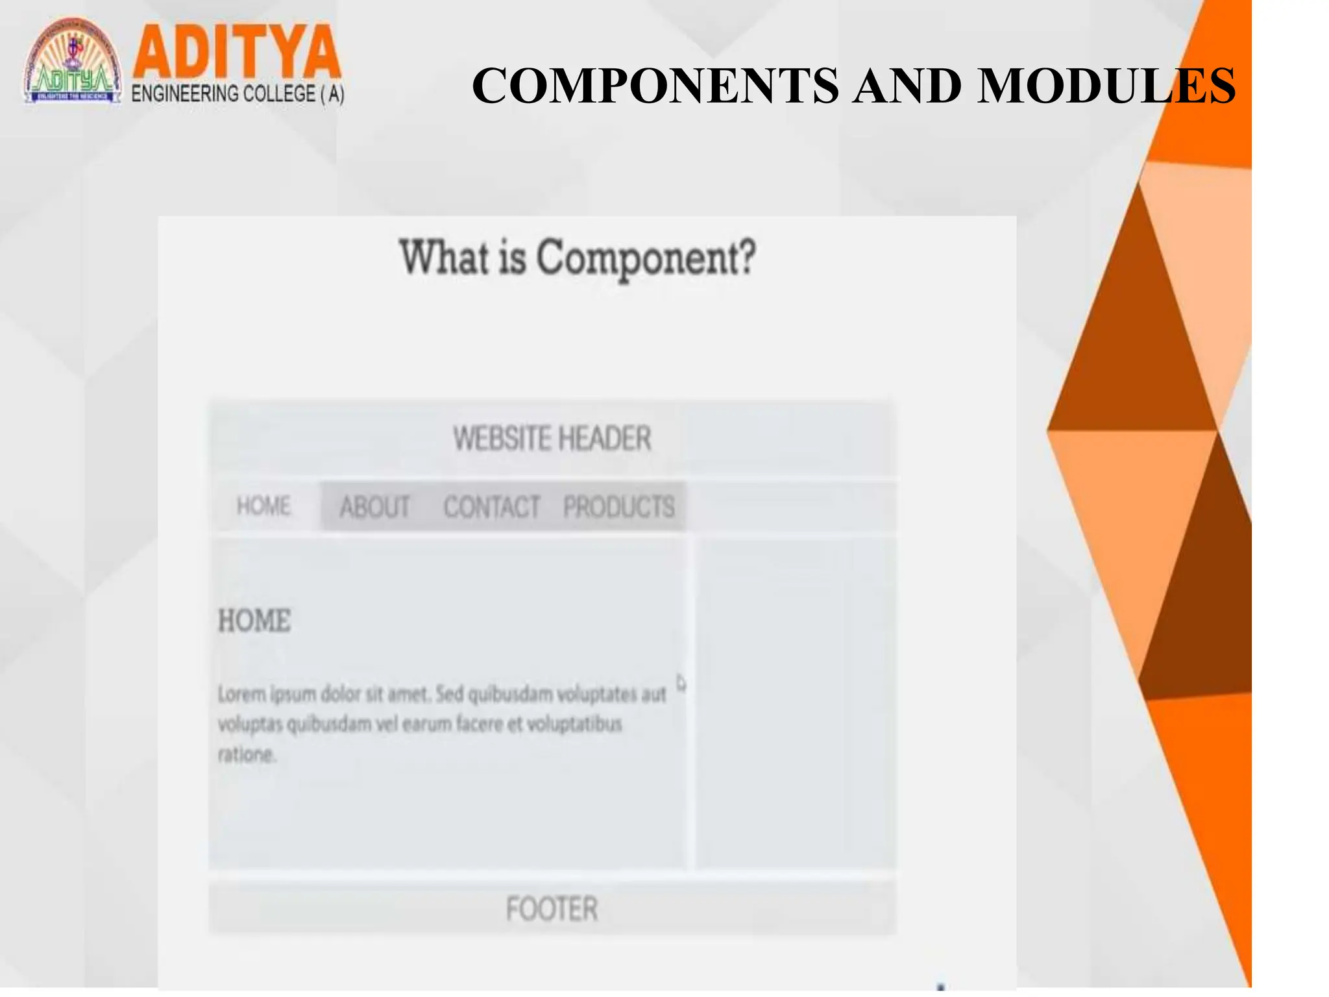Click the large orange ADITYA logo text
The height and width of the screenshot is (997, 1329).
tap(236, 52)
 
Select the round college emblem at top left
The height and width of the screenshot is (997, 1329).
tap(73, 62)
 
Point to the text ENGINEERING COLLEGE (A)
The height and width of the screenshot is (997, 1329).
tap(238, 94)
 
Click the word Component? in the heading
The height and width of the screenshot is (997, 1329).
tap(646, 258)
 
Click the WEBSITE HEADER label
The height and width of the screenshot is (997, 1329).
tap(552, 438)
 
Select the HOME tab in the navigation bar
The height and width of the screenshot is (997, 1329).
tap(263, 506)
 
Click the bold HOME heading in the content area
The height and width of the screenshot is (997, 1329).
tap(254, 621)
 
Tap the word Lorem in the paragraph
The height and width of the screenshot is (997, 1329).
tap(241, 695)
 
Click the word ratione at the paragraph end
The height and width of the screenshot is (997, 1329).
tap(246, 754)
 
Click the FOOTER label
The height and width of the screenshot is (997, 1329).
tap(552, 909)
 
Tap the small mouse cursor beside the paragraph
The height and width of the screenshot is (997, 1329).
tap(681, 683)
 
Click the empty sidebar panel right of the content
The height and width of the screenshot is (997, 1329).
tap(796, 701)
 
